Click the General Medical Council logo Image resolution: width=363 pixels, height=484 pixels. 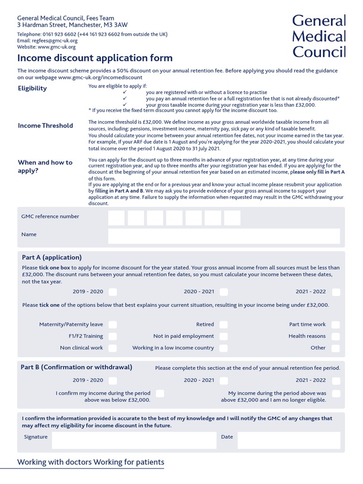tap(319, 36)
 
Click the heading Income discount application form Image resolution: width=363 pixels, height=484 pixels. tap(95, 58)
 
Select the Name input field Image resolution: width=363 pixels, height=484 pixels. tap(224, 236)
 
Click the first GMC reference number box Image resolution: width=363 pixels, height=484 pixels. tap(116, 218)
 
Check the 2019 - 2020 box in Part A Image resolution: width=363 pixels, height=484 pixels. tap(112, 292)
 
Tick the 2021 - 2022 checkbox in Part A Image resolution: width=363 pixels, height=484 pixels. tap(336, 292)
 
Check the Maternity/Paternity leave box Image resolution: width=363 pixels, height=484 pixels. tap(112, 325)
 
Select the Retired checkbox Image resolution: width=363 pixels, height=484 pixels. tap(224, 325)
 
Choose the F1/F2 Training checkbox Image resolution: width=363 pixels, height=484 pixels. tap(112, 337)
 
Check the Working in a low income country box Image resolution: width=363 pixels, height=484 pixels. tap(224, 348)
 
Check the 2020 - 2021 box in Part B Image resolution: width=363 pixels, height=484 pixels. tap(224, 380)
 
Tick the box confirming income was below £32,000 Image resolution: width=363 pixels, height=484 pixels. tap(160, 393)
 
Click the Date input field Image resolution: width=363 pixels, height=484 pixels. tap(288, 440)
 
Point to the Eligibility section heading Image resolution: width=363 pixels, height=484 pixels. tap(32, 88)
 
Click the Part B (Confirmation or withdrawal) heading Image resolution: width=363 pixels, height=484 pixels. tap(77, 367)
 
